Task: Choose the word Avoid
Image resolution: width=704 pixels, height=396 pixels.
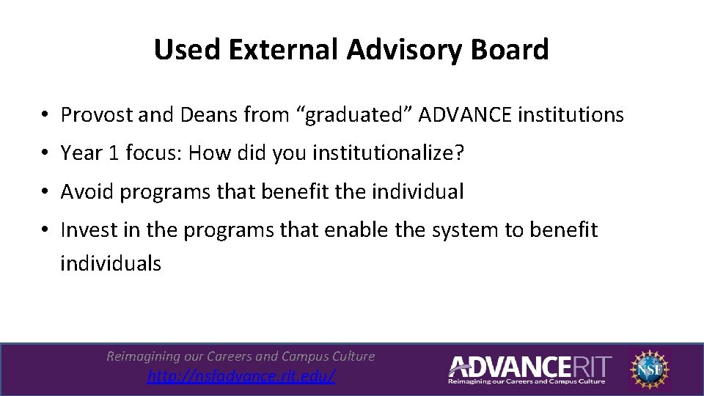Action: click(87, 192)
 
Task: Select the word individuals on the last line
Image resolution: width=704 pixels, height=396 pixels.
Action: click(111, 264)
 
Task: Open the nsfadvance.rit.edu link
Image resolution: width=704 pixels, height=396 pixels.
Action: click(241, 376)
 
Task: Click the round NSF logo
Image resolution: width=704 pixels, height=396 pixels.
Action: click(651, 369)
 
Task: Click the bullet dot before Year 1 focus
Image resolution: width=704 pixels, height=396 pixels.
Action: click(45, 154)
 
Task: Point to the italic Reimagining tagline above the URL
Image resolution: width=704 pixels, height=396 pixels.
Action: click(241, 356)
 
